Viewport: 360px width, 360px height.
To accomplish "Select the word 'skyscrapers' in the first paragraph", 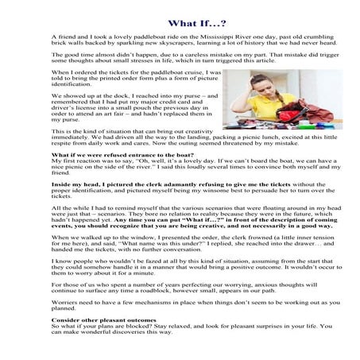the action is pos(192,45).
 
